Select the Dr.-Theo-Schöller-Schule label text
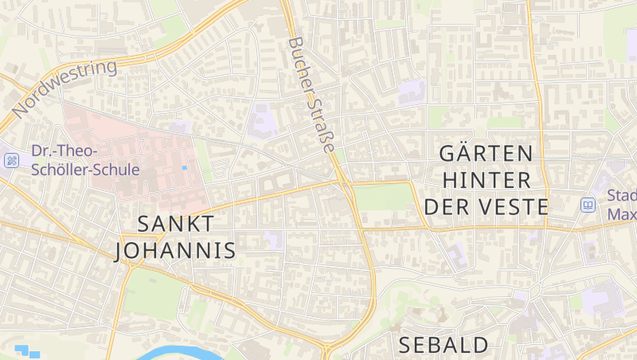[x=85, y=160]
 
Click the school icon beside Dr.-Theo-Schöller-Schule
[x=11, y=160]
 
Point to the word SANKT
[x=175, y=224]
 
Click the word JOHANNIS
[x=175, y=251]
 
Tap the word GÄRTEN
[x=486, y=152]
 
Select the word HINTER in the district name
[x=486, y=179]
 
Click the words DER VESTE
[x=486, y=207]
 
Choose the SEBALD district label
[x=444, y=345]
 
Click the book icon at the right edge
[x=588, y=205]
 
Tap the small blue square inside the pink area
[x=185, y=167]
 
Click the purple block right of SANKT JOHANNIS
[x=274, y=240]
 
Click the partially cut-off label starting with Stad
[x=621, y=205]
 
